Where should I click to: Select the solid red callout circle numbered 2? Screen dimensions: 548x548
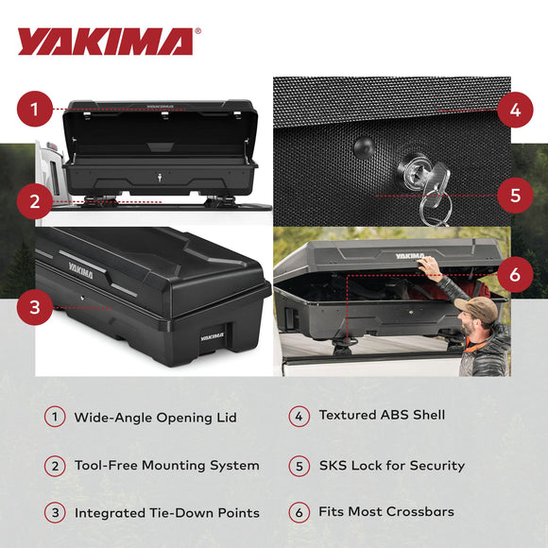(x=34, y=200)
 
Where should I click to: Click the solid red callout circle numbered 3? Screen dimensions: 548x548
(x=34, y=307)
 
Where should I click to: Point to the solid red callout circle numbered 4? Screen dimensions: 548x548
(x=514, y=110)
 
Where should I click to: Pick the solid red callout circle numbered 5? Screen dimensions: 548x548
(x=514, y=196)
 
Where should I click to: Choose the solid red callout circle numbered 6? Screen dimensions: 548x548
(x=514, y=276)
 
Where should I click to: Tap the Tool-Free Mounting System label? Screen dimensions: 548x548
(x=166, y=465)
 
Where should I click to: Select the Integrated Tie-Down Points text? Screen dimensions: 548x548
(x=167, y=513)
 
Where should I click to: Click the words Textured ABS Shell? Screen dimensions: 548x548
(x=382, y=415)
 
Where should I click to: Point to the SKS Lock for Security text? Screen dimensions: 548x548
(x=391, y=465)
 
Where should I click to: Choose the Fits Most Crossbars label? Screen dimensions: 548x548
(x=386, y=512)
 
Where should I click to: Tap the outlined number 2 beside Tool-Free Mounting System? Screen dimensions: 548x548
(x=56, y=465)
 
